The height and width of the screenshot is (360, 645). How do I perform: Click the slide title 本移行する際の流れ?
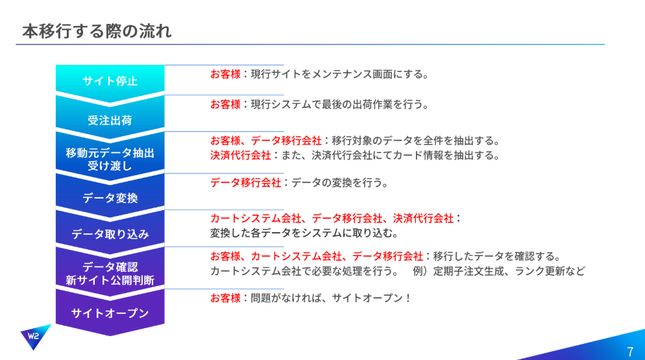[97, 31]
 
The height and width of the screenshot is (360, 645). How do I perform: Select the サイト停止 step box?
[110, 81]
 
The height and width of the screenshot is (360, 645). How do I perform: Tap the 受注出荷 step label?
[110, 121]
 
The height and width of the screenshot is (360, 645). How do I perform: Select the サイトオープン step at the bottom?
[110, 313]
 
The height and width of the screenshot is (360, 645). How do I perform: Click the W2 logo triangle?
[34, 336]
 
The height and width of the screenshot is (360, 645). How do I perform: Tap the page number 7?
[630, 352]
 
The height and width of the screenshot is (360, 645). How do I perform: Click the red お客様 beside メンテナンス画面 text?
[225, 75]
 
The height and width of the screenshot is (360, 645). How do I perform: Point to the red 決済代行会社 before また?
[241, 156]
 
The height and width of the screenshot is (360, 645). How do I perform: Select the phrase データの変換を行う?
[340, 183]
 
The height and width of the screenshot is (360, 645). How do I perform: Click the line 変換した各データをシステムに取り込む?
[304, 234]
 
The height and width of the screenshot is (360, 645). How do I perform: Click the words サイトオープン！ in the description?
[371, 298]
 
